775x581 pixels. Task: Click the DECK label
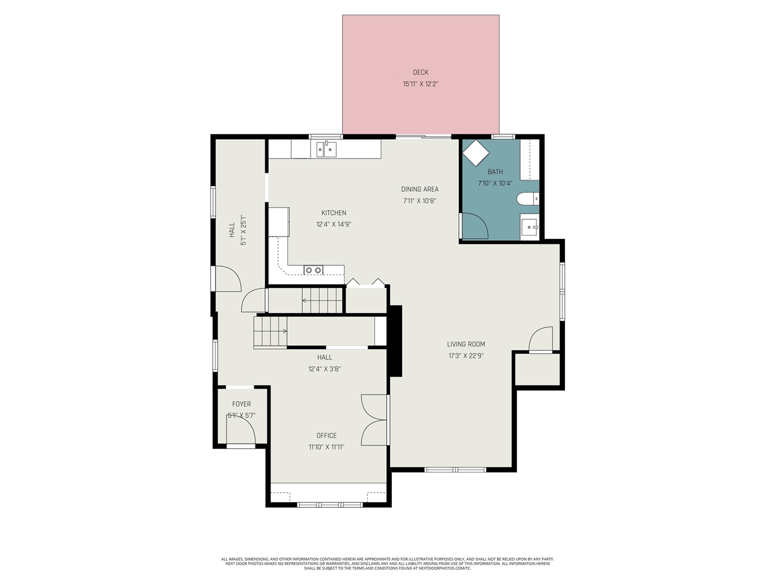421,72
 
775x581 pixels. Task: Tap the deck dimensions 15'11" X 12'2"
421,84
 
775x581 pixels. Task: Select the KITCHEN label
334,212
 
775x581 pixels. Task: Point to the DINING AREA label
420,189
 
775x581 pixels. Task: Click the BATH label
495,172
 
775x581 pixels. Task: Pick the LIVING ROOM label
466,344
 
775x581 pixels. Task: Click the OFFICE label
326,435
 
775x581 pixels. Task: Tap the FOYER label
242,404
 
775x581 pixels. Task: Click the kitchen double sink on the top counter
326,149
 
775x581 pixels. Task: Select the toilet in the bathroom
528,199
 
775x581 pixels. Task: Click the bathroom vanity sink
530,228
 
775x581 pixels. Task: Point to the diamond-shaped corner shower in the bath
476,153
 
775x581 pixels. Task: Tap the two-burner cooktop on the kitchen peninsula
314,270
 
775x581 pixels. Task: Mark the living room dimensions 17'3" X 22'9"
466,356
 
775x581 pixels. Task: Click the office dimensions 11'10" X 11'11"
326,447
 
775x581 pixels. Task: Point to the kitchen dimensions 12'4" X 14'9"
334,225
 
